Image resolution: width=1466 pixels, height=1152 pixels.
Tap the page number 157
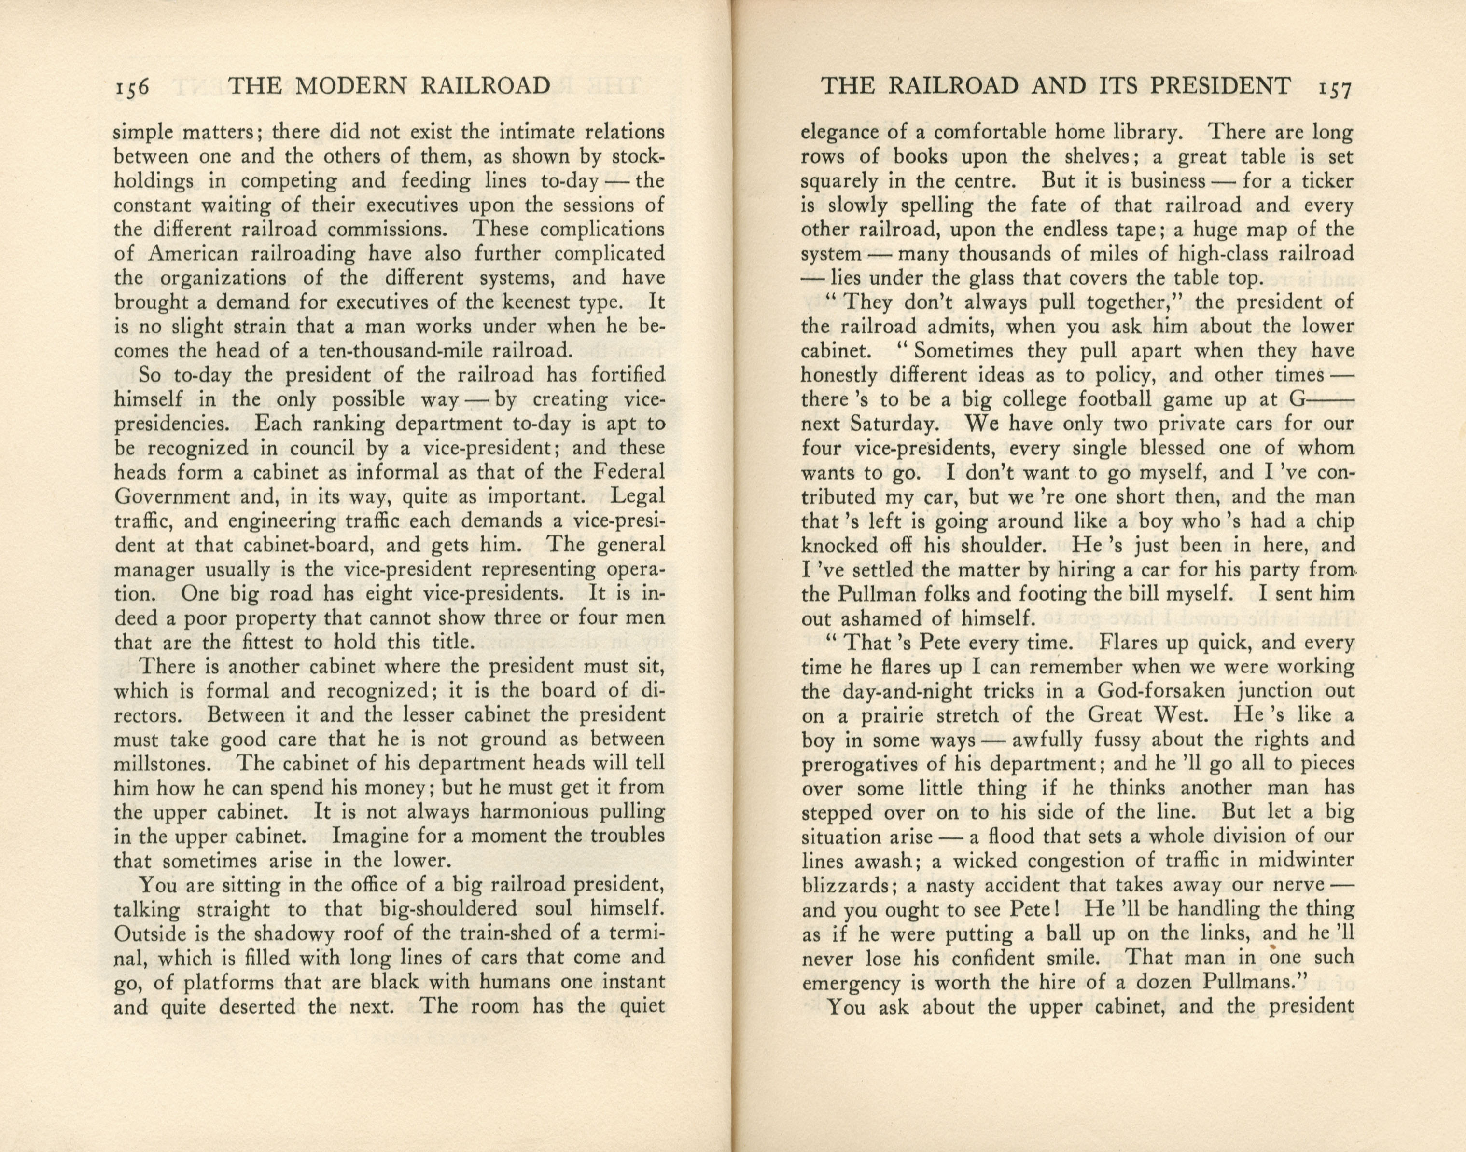tap(1332, 88)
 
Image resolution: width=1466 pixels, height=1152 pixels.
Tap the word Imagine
tap(369, 837)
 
